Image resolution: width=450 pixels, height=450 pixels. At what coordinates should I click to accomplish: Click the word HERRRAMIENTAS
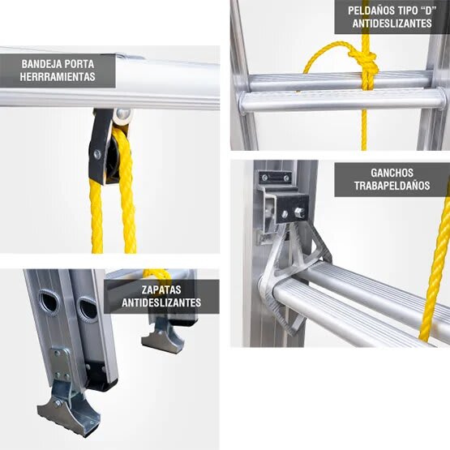pos(58,78)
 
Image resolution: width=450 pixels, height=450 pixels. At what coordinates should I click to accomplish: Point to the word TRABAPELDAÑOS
pos(392,186)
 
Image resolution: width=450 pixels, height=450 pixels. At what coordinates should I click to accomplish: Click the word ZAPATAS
pos(160,289)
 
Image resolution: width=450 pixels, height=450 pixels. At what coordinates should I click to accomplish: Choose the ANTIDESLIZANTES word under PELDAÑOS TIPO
pos(392,24)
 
